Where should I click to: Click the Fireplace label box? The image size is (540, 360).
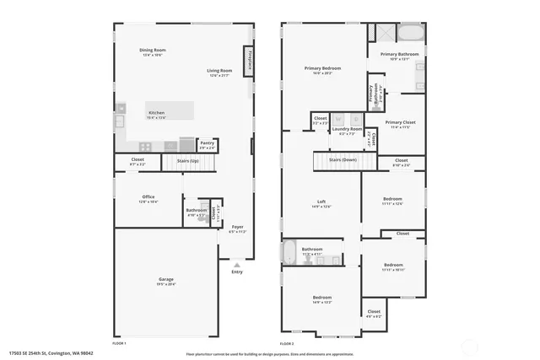point(250,61)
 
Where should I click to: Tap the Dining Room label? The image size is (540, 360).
point(153,51)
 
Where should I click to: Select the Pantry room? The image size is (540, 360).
point(207,145)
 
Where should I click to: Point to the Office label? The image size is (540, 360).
point(148,198)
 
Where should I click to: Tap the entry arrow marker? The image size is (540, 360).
point(236,265)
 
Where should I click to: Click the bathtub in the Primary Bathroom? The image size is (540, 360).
point(411,33)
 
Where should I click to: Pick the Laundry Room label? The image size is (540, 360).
point(346,129)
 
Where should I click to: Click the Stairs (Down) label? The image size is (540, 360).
point(343,159)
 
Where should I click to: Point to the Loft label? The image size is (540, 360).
point(321,201)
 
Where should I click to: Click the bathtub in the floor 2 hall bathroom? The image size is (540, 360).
point(289,253)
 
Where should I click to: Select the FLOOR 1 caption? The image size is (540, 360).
point(119,343)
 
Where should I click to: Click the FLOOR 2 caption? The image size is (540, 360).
point(287,343)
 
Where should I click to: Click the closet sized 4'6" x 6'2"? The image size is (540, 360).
point(374,313)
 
